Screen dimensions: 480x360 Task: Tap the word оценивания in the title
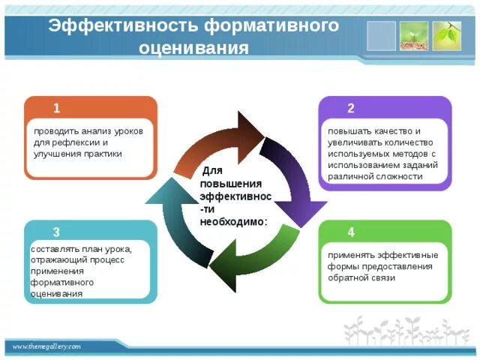tap(194, 49)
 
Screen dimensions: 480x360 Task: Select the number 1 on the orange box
tap(57, 107)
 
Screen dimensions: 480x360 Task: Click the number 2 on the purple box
tap(351, 107)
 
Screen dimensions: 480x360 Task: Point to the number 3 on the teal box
tap(57, 231)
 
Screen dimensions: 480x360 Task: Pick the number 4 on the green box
tap(351, 231)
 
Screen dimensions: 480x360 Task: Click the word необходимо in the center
tap(233, 222)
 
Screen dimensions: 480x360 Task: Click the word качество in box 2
tap(387, 130)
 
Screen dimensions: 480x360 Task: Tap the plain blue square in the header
tap(381, 35)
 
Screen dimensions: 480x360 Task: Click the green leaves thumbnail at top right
tap(447, 35)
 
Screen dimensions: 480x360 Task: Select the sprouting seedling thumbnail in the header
tap(414, 35)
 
